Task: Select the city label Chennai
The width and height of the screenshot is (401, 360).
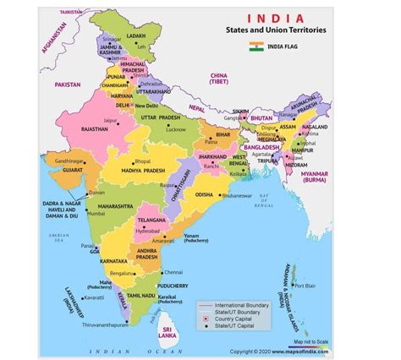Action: click(173, 272)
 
